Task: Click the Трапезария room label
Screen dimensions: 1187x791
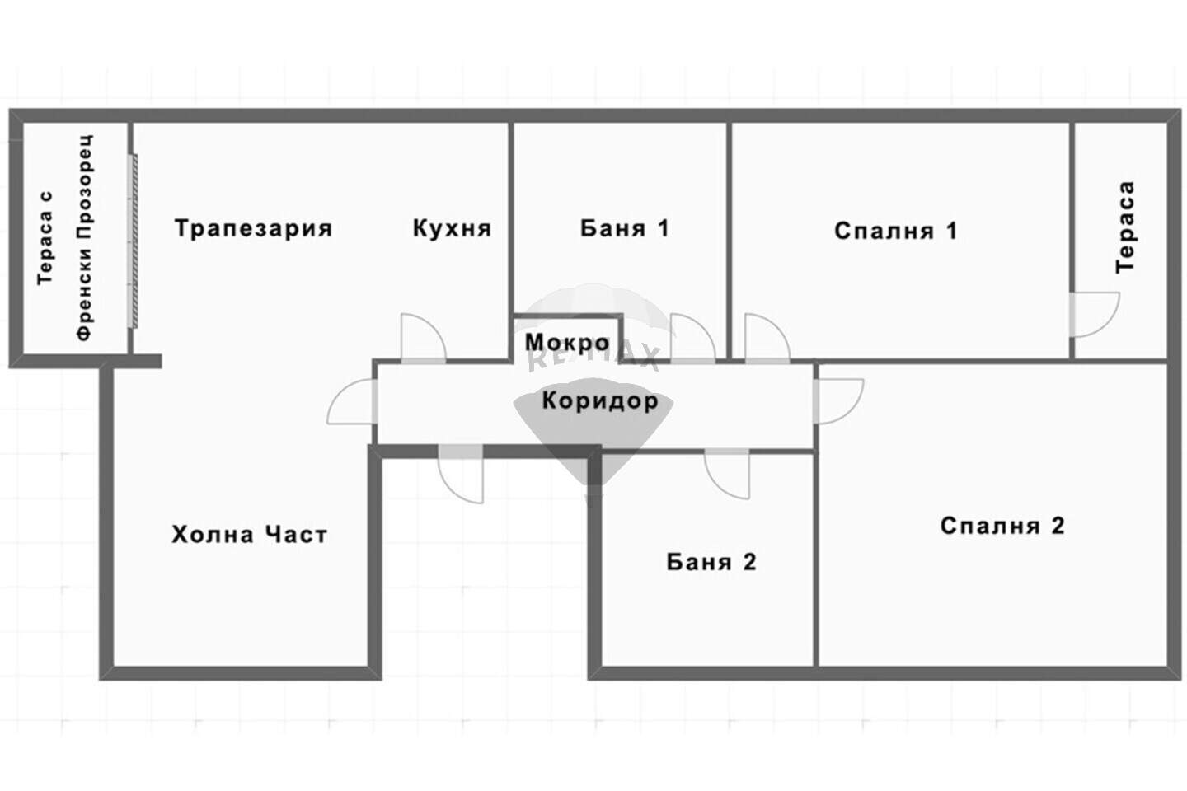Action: click(253, 228)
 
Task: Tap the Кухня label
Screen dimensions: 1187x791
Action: click(452, 228)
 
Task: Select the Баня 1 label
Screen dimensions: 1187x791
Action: click(625, 228)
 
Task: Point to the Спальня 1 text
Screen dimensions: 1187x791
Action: click(896, 231)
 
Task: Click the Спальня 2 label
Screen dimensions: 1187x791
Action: click(1002, 526)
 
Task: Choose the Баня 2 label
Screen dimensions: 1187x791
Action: click(711, 562)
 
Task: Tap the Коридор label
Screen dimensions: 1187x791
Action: click(600, 400)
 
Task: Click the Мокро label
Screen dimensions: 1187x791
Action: click(567, 343)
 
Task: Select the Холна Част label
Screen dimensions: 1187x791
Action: click(249, 535)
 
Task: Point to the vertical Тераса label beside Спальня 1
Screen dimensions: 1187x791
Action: click(1125, 227)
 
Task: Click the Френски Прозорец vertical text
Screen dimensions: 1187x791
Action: click(85, 238)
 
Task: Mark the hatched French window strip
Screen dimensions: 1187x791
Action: click(134, 241)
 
